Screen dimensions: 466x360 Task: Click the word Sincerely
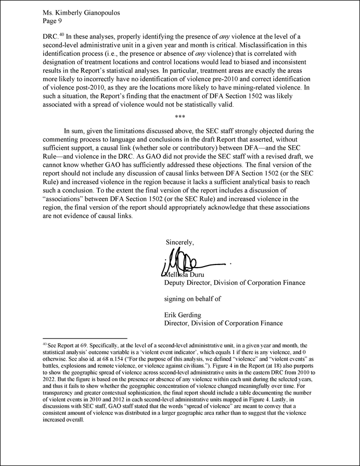coord(180,242)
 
